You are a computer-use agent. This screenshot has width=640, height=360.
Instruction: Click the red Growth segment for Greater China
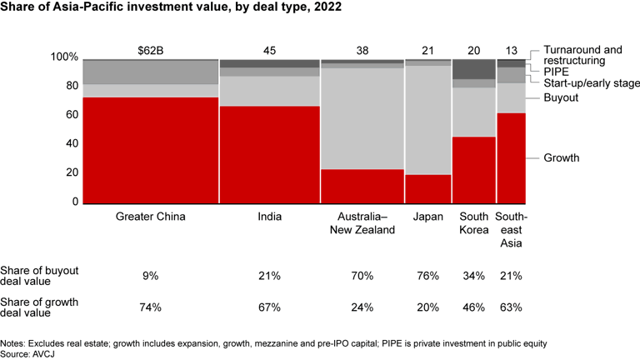pos(150,150)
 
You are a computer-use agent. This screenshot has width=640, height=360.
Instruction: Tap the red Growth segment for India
pos(269,154)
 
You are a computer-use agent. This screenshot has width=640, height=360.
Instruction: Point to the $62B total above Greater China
pos(150,49)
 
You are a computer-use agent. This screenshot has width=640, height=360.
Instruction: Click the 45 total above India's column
pos(269,49)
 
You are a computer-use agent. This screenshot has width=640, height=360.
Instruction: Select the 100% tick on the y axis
pos(64,57)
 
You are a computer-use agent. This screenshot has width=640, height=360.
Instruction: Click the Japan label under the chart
pos(427,217)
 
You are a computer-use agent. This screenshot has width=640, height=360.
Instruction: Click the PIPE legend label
pos(557,72)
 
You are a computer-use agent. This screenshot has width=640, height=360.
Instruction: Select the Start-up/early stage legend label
pos(592,83)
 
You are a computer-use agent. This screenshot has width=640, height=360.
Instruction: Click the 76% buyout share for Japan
pos(427,275)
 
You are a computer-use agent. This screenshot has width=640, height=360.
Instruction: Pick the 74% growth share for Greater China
pos(150,307)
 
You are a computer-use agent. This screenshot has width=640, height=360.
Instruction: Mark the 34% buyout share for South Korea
pos(473,275)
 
